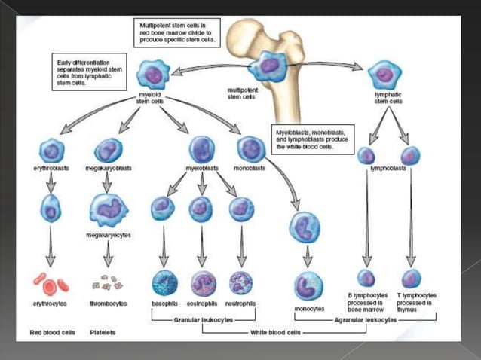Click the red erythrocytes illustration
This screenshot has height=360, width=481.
(51, 284)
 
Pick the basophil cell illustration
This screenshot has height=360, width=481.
(164, 282)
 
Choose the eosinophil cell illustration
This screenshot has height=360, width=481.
(203, 282)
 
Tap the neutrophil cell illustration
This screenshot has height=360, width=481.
(240, 282)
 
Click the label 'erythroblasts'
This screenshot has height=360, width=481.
(51, 169)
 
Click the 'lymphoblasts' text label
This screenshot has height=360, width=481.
(388, 169)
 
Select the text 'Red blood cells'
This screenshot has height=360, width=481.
(51, 331)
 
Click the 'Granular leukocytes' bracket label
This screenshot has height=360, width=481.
(202, 319)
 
